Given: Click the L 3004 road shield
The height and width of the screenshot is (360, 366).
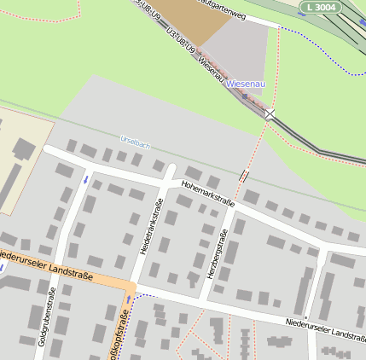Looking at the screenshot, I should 321,7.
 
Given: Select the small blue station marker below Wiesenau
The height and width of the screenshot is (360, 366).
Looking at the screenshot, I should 245,96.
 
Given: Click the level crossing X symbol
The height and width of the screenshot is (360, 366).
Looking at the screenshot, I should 270,113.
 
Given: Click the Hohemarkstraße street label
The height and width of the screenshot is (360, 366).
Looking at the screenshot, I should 207,193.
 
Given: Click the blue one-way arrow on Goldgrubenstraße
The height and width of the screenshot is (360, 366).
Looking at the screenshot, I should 85,179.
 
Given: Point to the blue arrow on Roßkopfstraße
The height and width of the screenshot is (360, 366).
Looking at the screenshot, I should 129,300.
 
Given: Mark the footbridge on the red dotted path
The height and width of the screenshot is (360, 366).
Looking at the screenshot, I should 245,176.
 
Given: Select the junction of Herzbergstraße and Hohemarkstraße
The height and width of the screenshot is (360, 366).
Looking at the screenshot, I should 231,207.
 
